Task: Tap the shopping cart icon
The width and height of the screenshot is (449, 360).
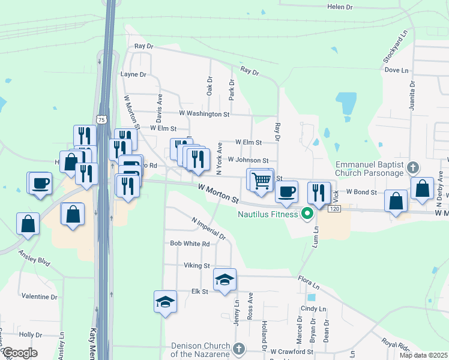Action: coord(261,180)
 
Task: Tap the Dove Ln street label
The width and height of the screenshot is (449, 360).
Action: coord(396,70)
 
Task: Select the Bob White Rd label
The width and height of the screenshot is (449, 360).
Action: coord(190,244)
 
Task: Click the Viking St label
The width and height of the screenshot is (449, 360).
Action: coord(197,265)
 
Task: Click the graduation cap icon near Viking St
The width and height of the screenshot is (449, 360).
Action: coord(224,280)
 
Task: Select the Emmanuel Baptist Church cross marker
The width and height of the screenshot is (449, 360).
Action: coord(412,167)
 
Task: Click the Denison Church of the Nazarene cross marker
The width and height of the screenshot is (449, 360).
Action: coord(238,349)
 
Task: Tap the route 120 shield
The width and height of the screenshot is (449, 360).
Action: coord(334,208)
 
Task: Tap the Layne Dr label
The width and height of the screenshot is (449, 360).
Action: coord(133,75)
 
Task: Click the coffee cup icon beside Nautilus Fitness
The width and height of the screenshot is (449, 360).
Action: coord(287,191)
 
